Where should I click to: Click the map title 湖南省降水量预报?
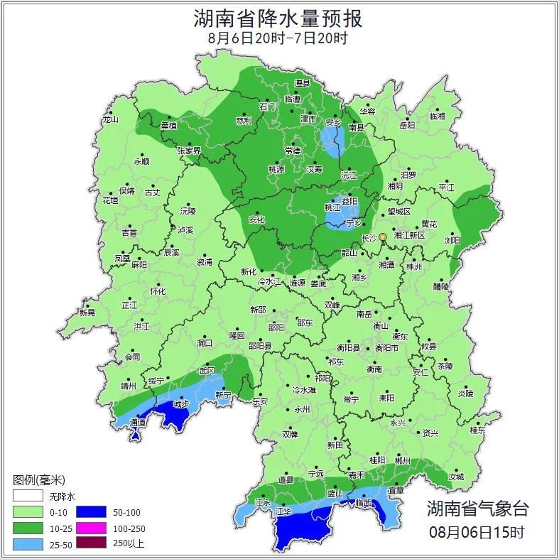click(278, 18)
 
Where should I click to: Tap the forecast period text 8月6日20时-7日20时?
click(278, 38)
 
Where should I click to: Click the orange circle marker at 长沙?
click(382, 237)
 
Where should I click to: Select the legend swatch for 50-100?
click(91, 511)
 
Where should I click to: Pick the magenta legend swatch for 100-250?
click(91, 528)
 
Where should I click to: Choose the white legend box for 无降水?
click(27, 496)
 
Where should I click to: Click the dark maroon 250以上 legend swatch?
click(91, 544)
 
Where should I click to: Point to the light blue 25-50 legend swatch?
click(27, 544)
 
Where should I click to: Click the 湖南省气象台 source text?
click(477, 508)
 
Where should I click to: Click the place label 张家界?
click(189, 151)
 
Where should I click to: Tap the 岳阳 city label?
click(406, 126)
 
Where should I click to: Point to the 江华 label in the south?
click(283, 511)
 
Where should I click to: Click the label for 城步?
click(181, 404)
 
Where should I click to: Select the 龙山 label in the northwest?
click(110, 119)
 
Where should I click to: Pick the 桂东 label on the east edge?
click(477, 430)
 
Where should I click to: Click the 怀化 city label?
click(158, 291)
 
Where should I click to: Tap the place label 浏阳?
click(452, 240)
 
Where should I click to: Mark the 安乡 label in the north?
click(334, 121)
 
